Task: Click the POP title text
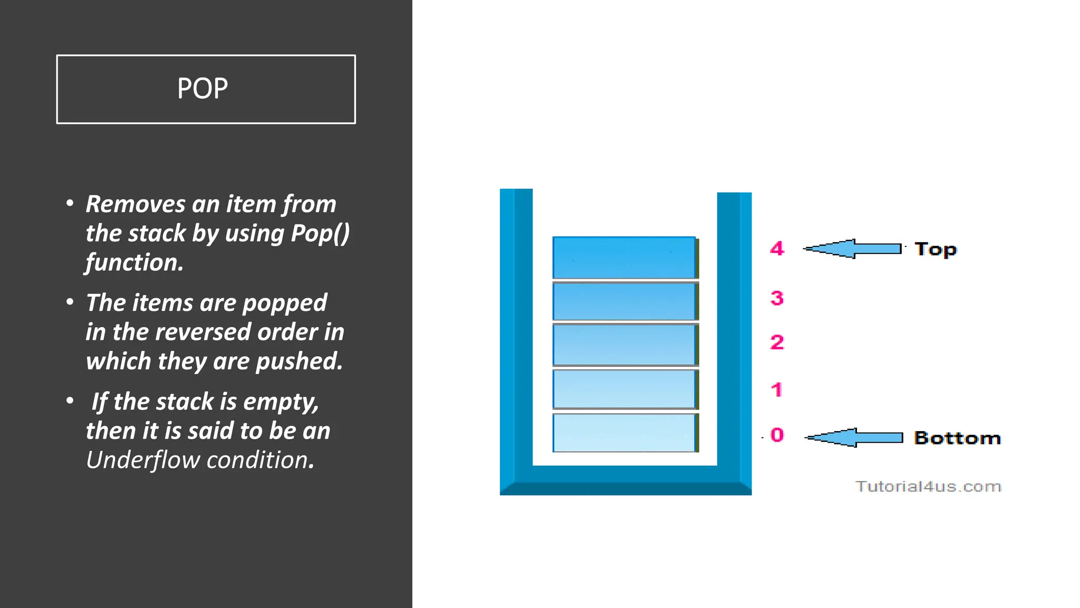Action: point(202,88)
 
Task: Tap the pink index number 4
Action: point(777,248)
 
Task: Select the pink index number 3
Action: point(777,298)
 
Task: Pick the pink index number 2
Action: point(777,343)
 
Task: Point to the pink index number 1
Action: point(776,390)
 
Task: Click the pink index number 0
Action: point(777,435)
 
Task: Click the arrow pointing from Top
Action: point(853,249)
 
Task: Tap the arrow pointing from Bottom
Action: point(854,438)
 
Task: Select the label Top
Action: point(935,249)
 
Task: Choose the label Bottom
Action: point(957,438)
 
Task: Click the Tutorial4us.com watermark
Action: point(928,486)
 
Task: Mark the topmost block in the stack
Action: point(624,258)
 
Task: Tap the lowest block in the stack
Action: point(624,433)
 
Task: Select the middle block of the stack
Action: point(624,344)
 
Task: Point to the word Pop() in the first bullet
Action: point(321,233)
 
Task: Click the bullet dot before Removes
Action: point(70,203)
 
